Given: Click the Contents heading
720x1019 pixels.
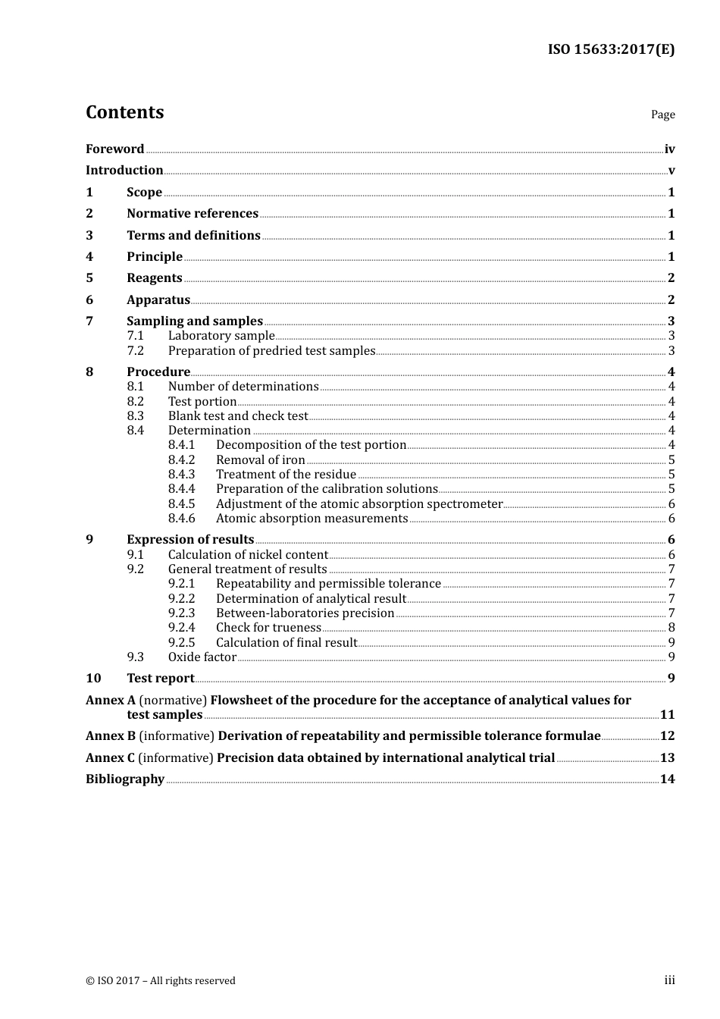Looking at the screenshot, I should [124, 112].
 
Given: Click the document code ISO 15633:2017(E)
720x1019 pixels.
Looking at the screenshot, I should [611, 49].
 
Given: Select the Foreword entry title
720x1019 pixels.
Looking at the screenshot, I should [114, 149].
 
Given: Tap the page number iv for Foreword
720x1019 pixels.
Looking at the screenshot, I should [669, 149].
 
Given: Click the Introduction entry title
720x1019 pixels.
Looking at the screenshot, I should [124, 170].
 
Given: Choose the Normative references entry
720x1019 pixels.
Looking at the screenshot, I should [193, 213].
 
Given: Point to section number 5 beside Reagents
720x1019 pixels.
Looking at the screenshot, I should [89, 277].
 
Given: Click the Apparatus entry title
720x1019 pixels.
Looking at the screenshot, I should [158, 299].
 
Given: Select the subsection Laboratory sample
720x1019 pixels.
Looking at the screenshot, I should [221, 335].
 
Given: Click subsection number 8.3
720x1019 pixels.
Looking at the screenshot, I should [135, 415].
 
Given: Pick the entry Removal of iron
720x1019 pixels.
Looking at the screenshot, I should [260, 459].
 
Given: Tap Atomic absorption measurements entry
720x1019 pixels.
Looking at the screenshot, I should [311, 518].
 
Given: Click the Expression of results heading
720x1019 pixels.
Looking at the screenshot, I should [190, 539].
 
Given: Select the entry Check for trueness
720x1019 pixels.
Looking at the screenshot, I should [268, 627].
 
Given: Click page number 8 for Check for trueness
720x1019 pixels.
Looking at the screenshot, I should [671, 627].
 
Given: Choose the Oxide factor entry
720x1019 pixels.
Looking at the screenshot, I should [202, 657].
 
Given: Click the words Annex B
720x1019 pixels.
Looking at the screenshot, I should [111, 735].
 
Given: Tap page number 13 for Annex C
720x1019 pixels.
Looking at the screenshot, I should [667, 757].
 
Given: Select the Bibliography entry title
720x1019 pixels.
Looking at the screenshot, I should [125, 779].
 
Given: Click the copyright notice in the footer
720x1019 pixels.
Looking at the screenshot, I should [161, 980].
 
